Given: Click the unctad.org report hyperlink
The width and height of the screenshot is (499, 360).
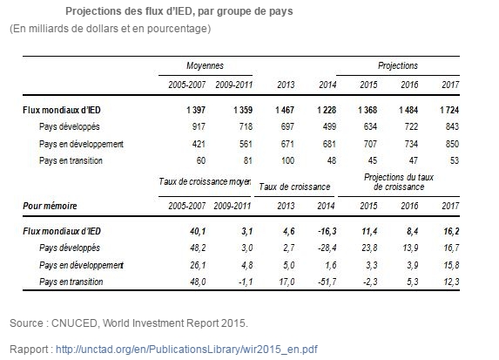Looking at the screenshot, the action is pyautogui.click(x=186, y=350).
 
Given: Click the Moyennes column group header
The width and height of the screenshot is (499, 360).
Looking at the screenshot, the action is pyautogui.click(x=205, y=65).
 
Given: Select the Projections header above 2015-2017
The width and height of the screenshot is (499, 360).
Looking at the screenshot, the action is pyautogui.click(x=398, y=65).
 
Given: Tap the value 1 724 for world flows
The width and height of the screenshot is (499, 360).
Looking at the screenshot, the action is pyautogui.click(x=449, y=110).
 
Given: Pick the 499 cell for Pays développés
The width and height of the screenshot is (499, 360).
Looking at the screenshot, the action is pyautogui.click(x=329, y=126).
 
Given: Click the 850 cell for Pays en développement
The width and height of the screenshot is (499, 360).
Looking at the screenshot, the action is pyautogui.click(x=452, y=144).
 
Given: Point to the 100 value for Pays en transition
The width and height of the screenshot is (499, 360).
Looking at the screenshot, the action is pyautogui.click(x=287, y=160).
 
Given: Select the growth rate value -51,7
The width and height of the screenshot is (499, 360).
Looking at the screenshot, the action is pyautogui.click(x=327, y=282).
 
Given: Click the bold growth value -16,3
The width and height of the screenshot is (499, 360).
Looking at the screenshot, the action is pyautogui.click(x=327, y=231).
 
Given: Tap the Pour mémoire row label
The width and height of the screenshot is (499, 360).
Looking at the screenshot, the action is pyautogui.click(x=50, y=206).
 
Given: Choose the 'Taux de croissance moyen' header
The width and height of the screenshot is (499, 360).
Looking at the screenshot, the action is pyautogui.click(x=205, y=181).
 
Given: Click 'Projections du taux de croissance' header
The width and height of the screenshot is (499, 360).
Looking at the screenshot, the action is pyautogui.click(x=399, y=182).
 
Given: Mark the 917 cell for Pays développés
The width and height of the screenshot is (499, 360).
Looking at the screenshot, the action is pyautogui.click(x=199, y=126).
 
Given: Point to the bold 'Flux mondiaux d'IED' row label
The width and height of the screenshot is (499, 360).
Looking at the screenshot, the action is pyautogui.click(x=62, y=110).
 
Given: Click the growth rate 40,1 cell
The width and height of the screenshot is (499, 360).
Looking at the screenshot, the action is pyautogui.click(x=198, y=231).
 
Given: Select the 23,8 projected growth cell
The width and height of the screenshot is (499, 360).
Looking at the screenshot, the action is pyautogui.click(x=369, y=248).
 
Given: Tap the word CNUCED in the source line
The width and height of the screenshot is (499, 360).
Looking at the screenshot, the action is pyautogui.click(x=74, y=323).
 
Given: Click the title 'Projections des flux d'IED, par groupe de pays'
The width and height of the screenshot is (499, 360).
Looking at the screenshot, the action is pyautogui.click(x=179, y=11).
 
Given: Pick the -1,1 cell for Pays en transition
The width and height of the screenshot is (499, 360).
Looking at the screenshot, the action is pyautogui.click(x=246, y=282).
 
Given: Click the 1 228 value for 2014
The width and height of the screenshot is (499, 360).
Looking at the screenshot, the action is pyautogui.click(x=327, y=110).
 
